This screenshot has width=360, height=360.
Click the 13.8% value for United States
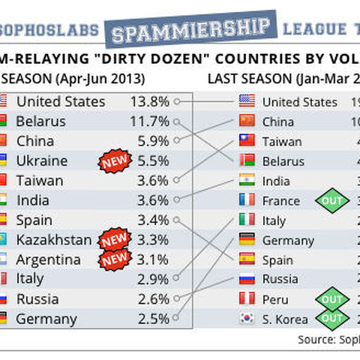coord(148,101)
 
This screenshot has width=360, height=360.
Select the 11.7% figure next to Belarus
coord(148,121)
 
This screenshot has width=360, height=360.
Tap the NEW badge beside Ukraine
coord(115,160)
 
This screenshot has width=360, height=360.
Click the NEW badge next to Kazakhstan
coord(115,240)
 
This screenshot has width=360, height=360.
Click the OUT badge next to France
coord(331,200)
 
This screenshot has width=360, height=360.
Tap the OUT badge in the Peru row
coord(331,298)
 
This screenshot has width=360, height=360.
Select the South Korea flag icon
coord(247,319)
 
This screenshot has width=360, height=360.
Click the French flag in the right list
coord(247,200)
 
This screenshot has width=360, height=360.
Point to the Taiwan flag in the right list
coord(247,140)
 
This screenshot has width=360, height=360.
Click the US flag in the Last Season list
coord(247,101)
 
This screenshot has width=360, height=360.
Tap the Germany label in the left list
coord(46,319)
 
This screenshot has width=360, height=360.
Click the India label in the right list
coord(276,181)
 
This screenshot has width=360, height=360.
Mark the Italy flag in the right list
coord(247,220)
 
